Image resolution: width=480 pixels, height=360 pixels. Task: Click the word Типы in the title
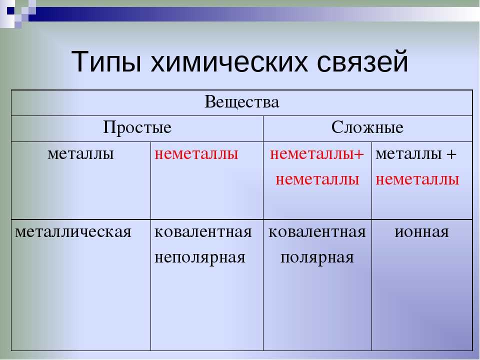106,61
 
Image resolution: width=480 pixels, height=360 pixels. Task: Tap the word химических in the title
229,61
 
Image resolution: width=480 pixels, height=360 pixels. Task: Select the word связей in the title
362,61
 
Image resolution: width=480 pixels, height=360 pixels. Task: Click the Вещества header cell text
242,102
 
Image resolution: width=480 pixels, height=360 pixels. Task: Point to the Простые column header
137,127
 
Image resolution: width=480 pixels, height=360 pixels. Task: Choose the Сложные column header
367,127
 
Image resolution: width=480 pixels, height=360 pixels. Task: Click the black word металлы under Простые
81,154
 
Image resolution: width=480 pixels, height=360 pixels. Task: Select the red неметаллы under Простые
196,154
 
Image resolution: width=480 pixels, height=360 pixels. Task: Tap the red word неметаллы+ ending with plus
317,154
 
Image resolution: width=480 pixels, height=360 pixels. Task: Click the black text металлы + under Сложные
416,154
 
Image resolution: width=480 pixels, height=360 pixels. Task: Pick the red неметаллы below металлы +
417,179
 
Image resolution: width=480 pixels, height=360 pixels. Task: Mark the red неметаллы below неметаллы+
317,179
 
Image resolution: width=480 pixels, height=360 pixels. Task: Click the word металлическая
73,232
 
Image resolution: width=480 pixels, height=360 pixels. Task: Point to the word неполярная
200,258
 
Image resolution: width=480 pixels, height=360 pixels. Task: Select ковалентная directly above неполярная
203,232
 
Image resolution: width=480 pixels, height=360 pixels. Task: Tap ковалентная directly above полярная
317,232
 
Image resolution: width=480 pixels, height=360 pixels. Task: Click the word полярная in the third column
317,258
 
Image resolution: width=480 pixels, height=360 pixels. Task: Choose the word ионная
421,232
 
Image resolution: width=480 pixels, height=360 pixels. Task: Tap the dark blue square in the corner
10,10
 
